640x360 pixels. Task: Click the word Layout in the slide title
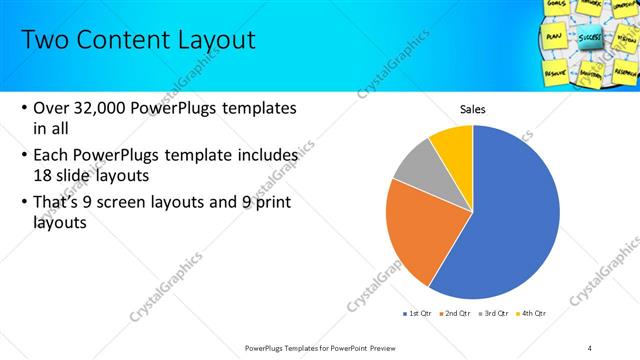click(x=209, y=40)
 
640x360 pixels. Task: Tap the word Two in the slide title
click(x=44, y=40)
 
